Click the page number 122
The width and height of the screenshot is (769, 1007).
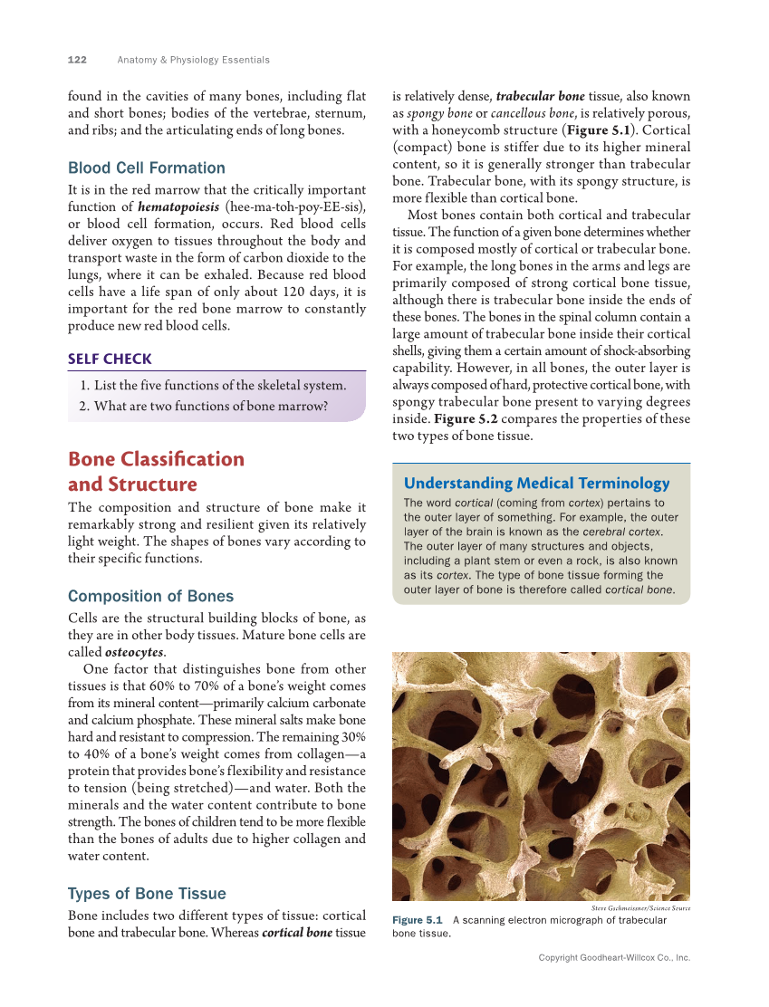tap(77, 60)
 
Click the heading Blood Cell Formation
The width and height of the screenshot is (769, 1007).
tap(147, 168)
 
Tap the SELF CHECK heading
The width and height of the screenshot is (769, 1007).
tap(110, 359)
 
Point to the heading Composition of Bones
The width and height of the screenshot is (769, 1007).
tap(150, 596)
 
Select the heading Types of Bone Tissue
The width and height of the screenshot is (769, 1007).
tap(147, 893)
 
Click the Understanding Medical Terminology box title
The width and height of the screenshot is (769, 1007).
tap(536, 483)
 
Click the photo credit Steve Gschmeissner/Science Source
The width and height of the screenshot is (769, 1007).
tap(640, 907)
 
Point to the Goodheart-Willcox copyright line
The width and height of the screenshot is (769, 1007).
tap(614, 957)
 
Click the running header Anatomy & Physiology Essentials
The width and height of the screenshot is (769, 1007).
tap(193, 60)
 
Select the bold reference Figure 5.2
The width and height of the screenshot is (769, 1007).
tap(466, 418)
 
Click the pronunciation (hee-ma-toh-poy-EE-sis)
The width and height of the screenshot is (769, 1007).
tap(294, 206)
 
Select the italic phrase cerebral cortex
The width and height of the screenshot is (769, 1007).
tap(620, 532)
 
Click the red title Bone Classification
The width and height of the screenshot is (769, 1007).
tap(156, 458)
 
